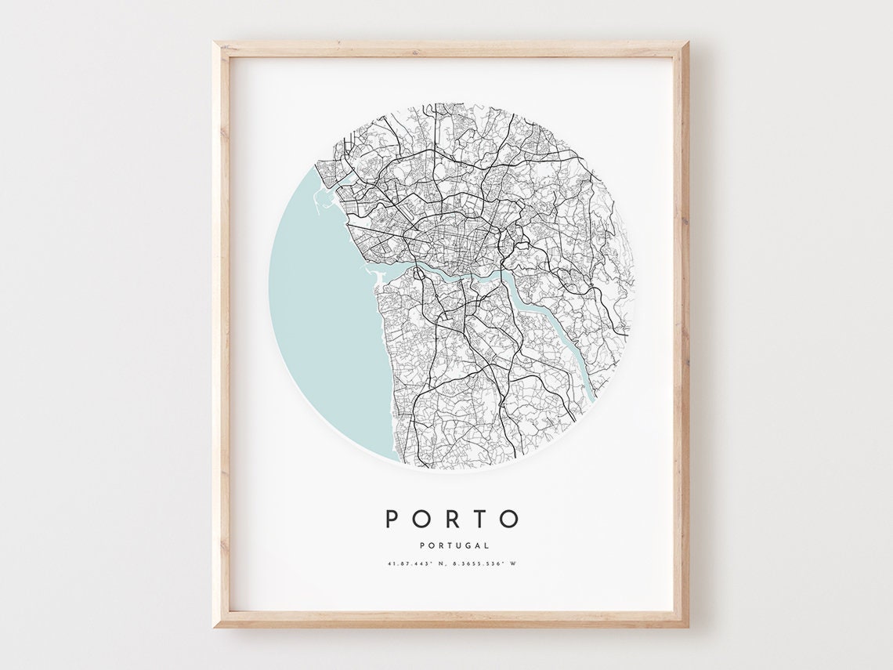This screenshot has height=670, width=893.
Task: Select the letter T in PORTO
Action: tap(481, 519)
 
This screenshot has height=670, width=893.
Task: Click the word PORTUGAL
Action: tap(454, 545)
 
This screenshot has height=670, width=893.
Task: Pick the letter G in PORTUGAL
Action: tap(467, 545)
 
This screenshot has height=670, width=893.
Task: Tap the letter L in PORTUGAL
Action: tap(486, 545)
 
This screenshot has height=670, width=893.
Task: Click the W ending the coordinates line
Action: tap(514, 563)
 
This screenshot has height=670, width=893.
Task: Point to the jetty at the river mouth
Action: tap(374, 274)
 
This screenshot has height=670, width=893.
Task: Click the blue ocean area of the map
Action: tap(321, 313)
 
